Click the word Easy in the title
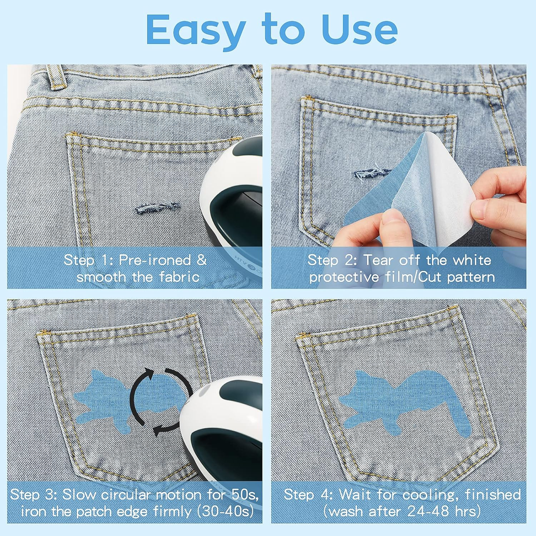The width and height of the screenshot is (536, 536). [x=196, y=31]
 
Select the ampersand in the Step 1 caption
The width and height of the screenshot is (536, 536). [x=202, y=260]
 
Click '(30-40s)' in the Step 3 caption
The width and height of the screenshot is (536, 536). [x=226, y=512]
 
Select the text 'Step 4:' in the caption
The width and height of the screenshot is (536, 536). [x=308, y=495]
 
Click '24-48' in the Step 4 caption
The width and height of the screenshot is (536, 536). [x=428, y=511]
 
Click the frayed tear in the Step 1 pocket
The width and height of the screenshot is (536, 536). [x=157, y=207]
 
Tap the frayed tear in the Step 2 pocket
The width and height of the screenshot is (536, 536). [x=372, y=174]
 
